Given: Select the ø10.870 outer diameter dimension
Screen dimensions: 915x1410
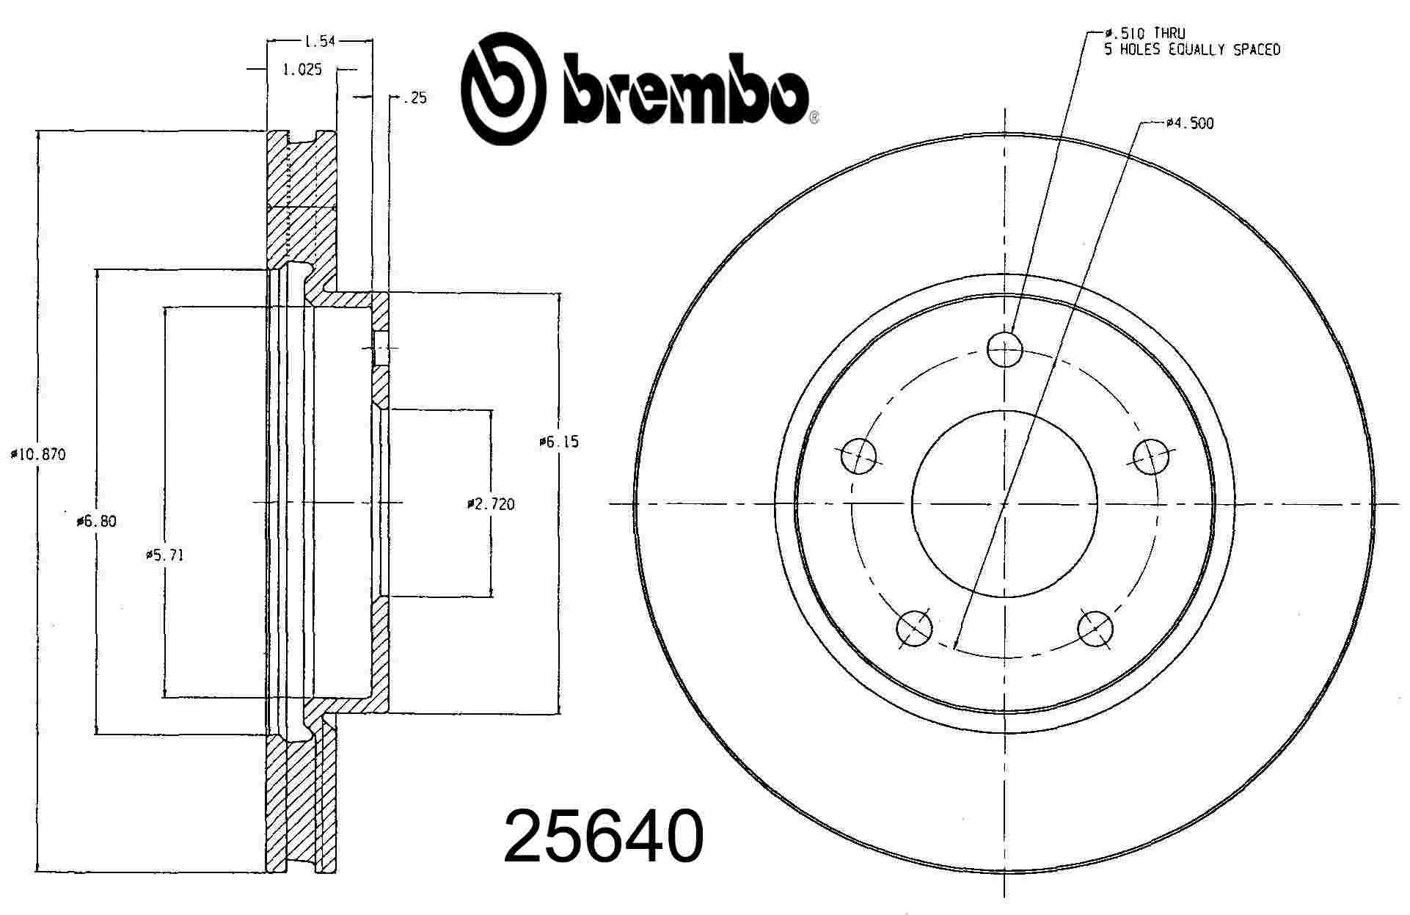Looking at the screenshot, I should (x=38, y=455).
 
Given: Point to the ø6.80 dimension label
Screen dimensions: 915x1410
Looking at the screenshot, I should (x=96, y=522).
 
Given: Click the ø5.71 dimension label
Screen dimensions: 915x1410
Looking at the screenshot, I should (x=164, y=555).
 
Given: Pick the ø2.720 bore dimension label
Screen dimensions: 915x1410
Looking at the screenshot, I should (x=491, y=504).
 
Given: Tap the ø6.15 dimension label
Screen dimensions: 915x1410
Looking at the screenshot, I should (x=559, y=442).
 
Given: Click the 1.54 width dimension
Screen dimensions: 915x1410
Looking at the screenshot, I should (x=319, y=42).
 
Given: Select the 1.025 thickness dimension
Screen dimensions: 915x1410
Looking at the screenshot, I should (x=302, y=70).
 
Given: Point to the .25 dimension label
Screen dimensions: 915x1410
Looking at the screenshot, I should (x=414, y=98).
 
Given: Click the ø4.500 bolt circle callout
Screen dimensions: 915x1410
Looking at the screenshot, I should (x=1189, y=123).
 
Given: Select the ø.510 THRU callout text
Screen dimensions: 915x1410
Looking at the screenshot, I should (x=1145, y=34).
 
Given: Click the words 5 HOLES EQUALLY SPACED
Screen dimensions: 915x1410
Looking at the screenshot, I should (x=1192, y=50).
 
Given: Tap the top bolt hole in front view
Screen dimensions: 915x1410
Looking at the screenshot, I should (x=1004, y=349).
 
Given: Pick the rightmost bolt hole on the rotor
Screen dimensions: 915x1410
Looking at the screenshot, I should (x=1150, y=456).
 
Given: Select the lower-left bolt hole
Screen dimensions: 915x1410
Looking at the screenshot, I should (x=914, y=629).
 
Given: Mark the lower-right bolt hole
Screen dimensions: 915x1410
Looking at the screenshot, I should (x=1095, y=629).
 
